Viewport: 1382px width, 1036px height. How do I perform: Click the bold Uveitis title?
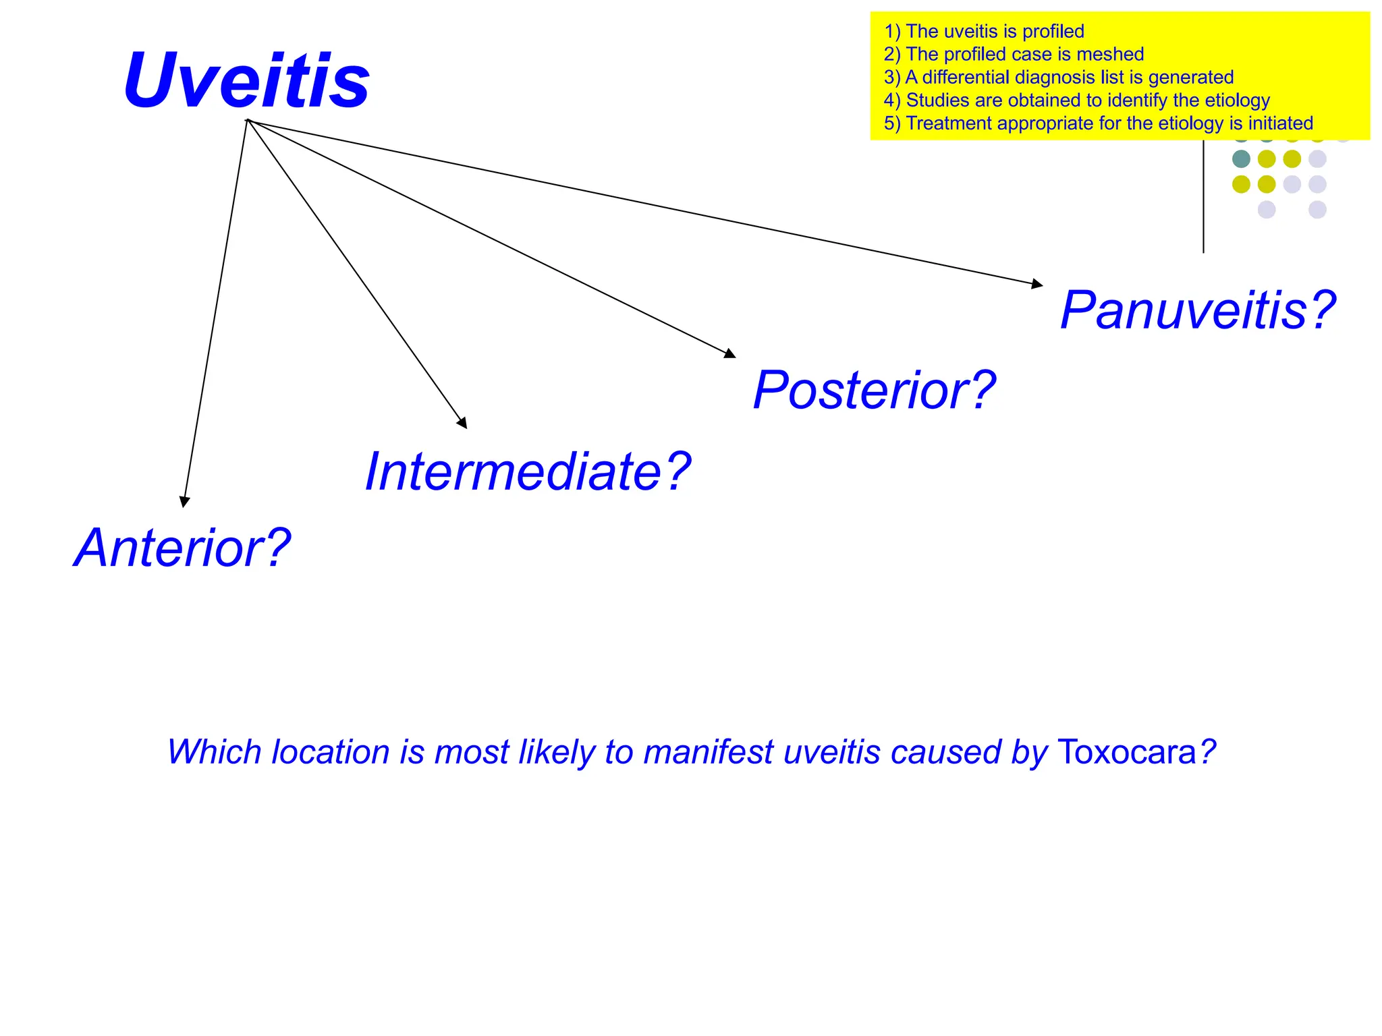247,81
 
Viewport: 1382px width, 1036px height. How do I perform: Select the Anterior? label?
182,548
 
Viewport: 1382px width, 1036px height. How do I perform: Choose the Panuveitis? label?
1198,310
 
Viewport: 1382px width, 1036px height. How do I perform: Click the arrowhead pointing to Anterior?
184,501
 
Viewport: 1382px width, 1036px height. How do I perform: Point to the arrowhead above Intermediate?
463,423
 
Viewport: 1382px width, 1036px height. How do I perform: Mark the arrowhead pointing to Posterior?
729,353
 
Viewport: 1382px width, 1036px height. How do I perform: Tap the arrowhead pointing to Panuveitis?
1037,284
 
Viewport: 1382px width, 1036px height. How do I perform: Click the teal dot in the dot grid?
1241,159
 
